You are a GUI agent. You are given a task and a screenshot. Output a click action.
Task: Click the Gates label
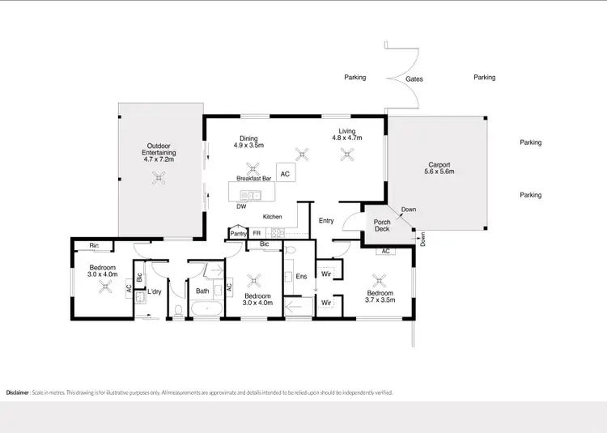coord(414,79)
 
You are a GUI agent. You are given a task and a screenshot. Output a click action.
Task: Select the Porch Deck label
coord(382,225)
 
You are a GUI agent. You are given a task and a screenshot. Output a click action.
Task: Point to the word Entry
coord(326,220)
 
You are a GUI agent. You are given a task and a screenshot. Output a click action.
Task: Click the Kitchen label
coord(272,216)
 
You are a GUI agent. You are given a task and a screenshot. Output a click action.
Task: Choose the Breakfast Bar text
coord(254,177)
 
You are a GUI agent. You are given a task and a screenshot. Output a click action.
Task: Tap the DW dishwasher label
coord(241,206)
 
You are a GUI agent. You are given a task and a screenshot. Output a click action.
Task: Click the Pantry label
coord(238,234)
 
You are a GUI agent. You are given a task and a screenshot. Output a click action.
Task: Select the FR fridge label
coord(257,234)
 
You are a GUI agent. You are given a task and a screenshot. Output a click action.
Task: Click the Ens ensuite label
coord(301,277)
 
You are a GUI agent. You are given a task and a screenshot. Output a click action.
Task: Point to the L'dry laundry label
coord(154,291)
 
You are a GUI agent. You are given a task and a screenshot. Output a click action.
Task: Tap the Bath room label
coord(202,291)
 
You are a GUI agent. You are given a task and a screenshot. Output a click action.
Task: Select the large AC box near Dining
coord(284,173)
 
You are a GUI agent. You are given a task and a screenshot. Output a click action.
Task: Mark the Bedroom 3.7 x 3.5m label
coord(380,297)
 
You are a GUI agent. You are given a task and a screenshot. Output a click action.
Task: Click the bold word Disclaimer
coord(18,393)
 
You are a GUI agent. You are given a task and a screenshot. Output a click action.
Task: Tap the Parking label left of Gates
coord(354,78)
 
